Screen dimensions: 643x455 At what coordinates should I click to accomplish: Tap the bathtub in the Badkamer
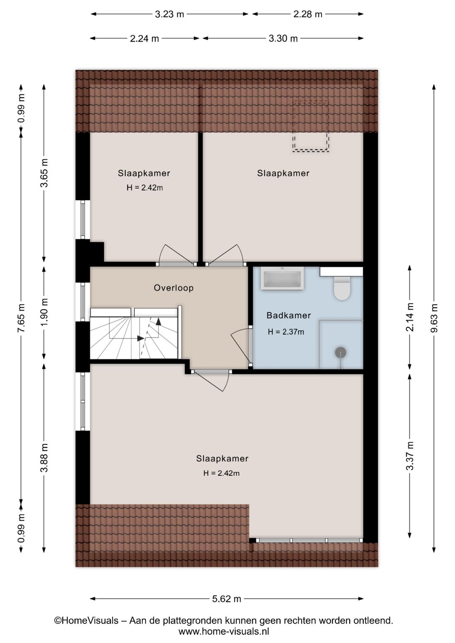tap(282, 279)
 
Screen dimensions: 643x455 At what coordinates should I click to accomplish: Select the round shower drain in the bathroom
tap(340, 353)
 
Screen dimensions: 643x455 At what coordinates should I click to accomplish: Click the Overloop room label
tap(174, 288)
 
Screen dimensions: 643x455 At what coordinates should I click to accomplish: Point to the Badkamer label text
tap(289, 316)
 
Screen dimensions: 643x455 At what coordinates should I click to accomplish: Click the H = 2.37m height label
tap(286, 332)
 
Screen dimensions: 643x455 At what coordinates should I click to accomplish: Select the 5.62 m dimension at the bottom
tap(227, 599)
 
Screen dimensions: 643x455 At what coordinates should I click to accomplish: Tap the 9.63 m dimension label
tap(434, 318)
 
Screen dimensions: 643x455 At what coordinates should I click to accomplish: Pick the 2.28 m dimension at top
tap(308, 14)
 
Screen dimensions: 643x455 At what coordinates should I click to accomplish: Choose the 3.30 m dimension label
tap(283, 39)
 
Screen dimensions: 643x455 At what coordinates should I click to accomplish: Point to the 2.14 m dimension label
tap(409, 317)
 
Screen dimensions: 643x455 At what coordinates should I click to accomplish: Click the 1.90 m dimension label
tap(44, 312)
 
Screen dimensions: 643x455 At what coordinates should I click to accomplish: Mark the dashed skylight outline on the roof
tap(311, 126)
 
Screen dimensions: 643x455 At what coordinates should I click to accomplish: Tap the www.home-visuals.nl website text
tap(224, 632)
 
